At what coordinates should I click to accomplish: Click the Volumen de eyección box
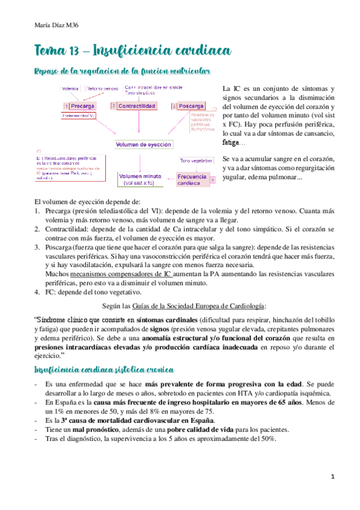point(144,144)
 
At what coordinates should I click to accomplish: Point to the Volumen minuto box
point(139,179)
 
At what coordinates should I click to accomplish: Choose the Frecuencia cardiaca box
point(192,180)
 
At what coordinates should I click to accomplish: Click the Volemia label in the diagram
point(71,88)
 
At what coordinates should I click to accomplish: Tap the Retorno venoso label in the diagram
point(102,88)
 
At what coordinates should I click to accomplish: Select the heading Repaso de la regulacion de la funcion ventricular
point(122,72)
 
